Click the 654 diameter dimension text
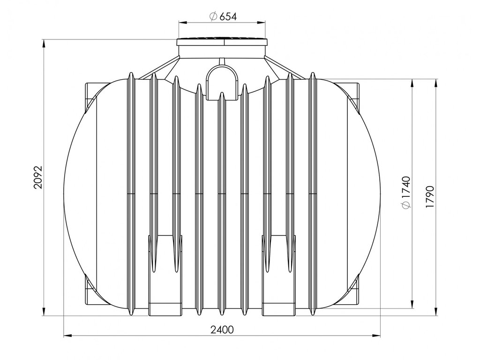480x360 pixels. click(x=228, y=16)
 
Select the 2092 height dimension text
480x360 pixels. click(x=37, y=178)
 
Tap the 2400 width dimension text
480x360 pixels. click(x=222, y=330)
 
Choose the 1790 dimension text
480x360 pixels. click(x=430, y=197)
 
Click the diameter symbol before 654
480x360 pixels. click(x=213, y=16)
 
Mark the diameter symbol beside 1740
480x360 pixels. click(x=406, y=205)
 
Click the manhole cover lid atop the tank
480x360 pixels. click(x=222, y=42)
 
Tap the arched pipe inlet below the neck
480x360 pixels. click(x=222, y=82)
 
